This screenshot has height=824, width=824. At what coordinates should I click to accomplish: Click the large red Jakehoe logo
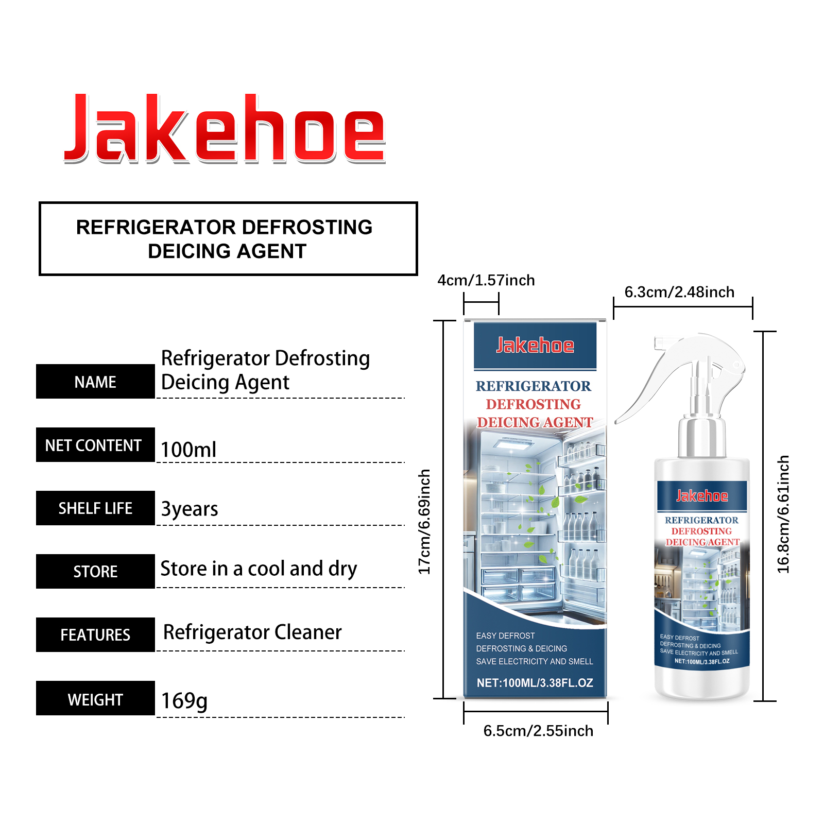pyautogui.click(x=225, y=129)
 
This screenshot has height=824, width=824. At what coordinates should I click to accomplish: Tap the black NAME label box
pyautogui.click(x=95, y=382)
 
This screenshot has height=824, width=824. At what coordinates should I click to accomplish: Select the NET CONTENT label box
pyautogui.click(x=95, y=445)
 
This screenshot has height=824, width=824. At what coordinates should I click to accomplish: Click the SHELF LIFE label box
pyautogui.click(x=95, y=508)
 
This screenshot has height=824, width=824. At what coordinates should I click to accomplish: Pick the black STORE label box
pyautogui.click(x=95, y=572)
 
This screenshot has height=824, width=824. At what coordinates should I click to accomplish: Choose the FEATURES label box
pyautogui.click(x=95, y=635)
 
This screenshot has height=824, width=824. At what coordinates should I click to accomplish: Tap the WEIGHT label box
pyautogui.click(x=95, y=698)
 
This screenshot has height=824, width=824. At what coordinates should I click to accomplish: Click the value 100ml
pyautogui.click(x=188, y=450)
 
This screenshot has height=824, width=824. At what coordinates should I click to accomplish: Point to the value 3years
pyautogui.click(x=190, y=509)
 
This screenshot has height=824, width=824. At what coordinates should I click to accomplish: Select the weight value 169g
pyautogui.click(x=184, y=701)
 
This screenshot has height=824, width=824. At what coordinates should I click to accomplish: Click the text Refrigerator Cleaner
pyautogui.click(x=252, y=632)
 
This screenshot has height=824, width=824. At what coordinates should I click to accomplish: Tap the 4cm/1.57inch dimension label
pyautogui.click(x=486, y=280)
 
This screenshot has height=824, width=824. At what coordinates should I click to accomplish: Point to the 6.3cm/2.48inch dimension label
pyautogui.click(x=679, y=292)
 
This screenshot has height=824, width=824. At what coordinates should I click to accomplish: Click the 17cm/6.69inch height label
pyautogui.click(x=424, y=522)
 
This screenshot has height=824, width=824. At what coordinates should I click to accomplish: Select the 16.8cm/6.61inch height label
pyautogui.click(x=783, y=514)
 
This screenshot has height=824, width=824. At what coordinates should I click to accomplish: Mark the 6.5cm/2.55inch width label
pyautogui.click(x=538, y=731)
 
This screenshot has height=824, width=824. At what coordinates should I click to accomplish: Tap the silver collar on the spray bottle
pyautogui.click(x=701, y=438)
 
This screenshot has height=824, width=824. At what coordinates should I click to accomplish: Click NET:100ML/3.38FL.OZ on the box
pyautogui.click(x=535, y=683)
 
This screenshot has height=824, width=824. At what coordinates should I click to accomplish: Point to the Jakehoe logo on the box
pyautogui.click(x=535, y=346)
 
